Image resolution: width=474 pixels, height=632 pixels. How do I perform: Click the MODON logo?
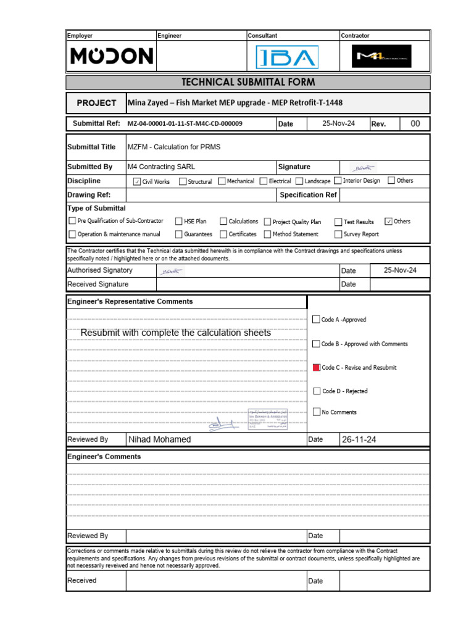111,57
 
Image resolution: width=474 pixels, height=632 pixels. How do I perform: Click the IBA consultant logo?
287,58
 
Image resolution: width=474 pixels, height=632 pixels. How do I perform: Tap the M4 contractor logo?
382,57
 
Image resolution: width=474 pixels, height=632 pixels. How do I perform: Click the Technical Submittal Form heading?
247,82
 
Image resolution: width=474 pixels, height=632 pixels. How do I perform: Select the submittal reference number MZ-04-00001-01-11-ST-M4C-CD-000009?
185,124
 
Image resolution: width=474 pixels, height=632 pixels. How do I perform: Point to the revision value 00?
415,123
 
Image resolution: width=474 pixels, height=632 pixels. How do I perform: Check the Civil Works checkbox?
137,181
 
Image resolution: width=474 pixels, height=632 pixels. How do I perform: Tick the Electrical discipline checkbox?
264,181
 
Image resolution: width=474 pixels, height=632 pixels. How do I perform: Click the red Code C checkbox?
317,367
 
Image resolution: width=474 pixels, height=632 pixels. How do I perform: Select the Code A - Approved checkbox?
317,320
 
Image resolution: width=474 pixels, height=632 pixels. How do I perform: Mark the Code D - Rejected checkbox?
317,391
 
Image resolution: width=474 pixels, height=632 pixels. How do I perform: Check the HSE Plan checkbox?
179,222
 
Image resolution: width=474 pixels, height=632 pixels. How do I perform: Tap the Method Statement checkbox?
268,235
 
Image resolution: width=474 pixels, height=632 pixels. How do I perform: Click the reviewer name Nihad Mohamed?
160,439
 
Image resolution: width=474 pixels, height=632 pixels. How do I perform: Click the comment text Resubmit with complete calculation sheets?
176,333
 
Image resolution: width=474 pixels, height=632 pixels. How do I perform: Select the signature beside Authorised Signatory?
171,271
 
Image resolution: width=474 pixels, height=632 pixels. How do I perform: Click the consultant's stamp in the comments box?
268,420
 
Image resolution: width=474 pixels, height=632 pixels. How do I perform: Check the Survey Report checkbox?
339,235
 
